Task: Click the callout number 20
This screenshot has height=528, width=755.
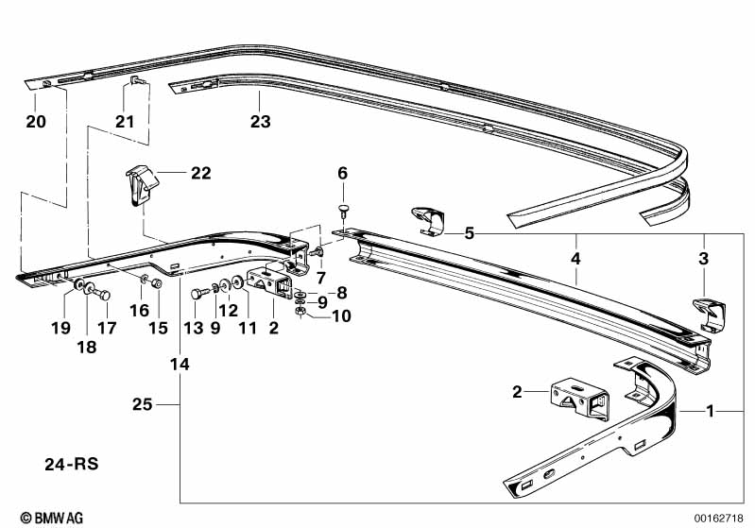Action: click(x=36, y=121)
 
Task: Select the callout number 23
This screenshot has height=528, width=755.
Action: click(x=260, y=121)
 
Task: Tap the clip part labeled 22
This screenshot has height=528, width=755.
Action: click(x=142, y=185)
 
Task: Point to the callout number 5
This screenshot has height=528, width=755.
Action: click(x=469, y=234)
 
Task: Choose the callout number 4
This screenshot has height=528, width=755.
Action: click(x=575, y=259)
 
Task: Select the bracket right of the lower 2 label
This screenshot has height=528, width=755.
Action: click(x=579, y=400)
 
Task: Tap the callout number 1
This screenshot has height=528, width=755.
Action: click(x=710, y=412)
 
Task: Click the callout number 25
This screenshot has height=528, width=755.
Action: click(x=142, y=404)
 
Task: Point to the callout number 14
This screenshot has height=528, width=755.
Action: click(x=180, y=365)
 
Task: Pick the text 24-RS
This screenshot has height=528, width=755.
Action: click(x=71, y=464)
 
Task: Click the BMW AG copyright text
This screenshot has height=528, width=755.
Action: click(x=52, y=518)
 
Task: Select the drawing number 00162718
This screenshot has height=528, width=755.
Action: click(x=718, y=519)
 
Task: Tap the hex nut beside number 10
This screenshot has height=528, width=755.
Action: click(x=299, y=312)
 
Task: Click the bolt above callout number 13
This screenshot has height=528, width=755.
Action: click(x=199, y=293)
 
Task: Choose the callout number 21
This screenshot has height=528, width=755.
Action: click(x=124, y=121)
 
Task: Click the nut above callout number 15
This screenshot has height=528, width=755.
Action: click(x=157, y=283)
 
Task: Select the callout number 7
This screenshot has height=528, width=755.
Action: click(x=321, y=278)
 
